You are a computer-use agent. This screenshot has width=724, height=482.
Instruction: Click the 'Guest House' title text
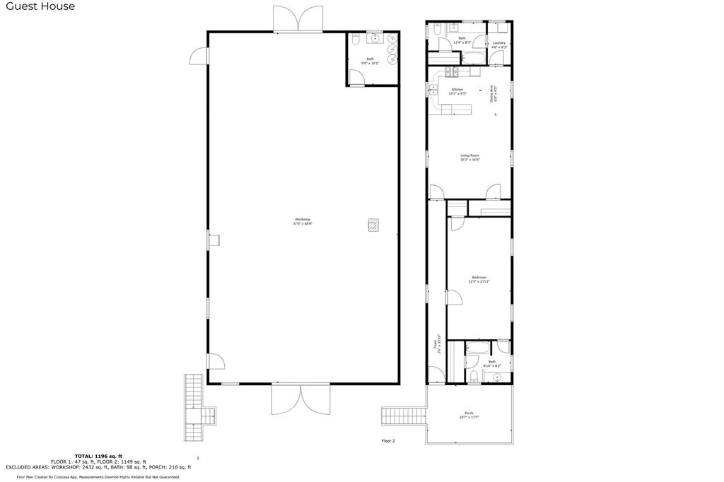click(x=40, y=6)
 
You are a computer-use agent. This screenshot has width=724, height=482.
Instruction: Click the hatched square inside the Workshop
click(x=373, y=225)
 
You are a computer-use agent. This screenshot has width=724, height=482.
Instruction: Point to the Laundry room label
click(x=499, y=45)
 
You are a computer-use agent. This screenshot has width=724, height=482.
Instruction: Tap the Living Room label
click(x=470, y=158)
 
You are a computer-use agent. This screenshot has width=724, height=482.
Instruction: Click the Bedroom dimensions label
click(x=479, y=281)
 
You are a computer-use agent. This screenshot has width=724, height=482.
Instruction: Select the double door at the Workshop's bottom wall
click(x=300, y=399)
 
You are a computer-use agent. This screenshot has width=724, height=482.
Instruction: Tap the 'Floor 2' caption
click(x=387, y=440)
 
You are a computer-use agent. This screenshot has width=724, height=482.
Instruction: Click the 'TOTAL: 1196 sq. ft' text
click(x=98, y=456)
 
